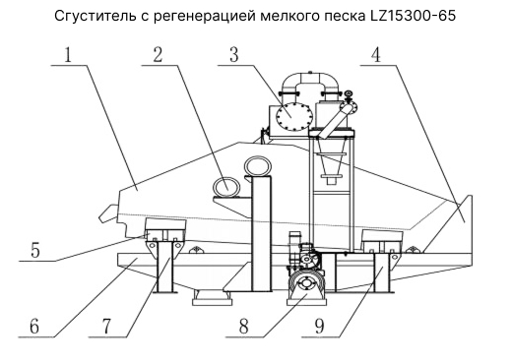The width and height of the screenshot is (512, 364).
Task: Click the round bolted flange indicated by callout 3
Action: point(293,115)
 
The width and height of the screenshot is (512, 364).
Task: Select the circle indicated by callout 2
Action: point(227,186)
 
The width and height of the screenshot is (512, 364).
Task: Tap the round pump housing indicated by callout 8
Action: point(306,286)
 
